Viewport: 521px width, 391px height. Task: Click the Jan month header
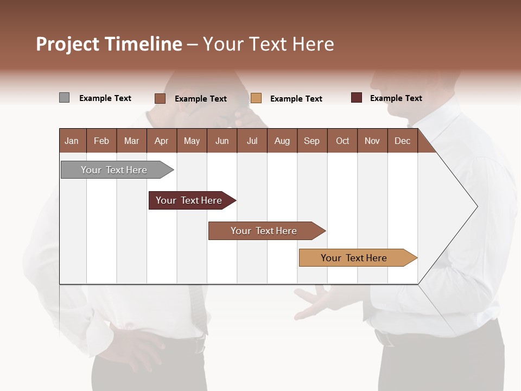tap(72, 141)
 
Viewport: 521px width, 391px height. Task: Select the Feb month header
tap(101, 141)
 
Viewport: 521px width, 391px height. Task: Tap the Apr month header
tap(161, 141)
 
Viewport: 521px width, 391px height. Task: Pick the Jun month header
tap(222, 141)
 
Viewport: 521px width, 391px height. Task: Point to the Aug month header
tap(282, 141)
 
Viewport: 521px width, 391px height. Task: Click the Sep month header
tap(312, 141)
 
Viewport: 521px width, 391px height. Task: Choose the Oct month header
tap(342, 141)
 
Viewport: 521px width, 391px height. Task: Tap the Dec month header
tap(402, 141)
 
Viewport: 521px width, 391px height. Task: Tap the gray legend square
tap(64, 98)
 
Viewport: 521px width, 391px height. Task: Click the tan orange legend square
tap(256, 98)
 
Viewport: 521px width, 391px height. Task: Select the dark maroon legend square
tap(357, 98)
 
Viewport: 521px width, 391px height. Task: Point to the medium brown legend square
tap(160, 98)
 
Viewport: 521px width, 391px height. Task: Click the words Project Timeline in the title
tap(109, 44)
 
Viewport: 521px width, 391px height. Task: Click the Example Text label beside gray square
tap(105, 98)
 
